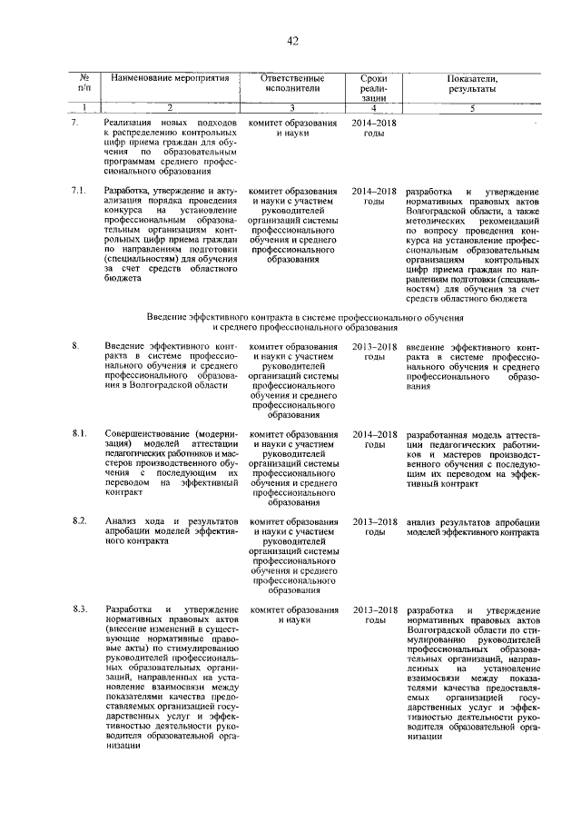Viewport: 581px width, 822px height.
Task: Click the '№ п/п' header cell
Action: (x=84, y=84)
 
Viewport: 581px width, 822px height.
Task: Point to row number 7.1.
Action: (x=79, y=192)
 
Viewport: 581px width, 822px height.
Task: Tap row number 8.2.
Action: (x=79, y=521)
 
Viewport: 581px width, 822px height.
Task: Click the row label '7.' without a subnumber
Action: (x=76, y=121)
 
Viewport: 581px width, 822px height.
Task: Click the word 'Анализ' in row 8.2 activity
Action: (x=120, y=521)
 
